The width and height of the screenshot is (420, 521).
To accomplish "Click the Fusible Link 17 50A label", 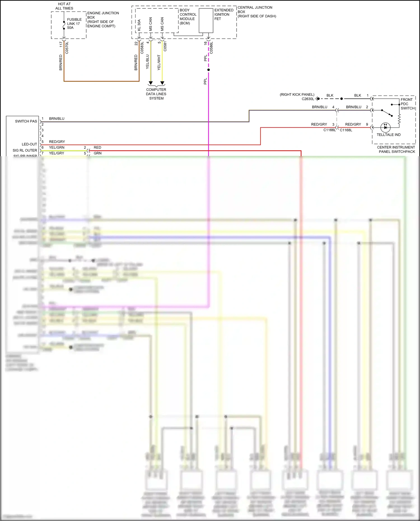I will pos(74,24).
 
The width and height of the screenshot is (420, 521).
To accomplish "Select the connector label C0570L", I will pos(67,48).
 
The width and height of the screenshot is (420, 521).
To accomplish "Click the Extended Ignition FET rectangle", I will pos(206,21).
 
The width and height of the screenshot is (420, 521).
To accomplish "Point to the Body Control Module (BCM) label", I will pos(188,17).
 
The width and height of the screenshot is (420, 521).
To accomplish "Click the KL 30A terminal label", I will pos(139,25).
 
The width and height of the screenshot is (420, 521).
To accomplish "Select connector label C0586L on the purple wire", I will pos(211,48).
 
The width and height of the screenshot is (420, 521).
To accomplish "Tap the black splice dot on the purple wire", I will pos(209,70).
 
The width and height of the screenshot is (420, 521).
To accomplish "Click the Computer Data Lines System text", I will pos(156,94).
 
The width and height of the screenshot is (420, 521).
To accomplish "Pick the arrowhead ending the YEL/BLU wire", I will pos(151,83).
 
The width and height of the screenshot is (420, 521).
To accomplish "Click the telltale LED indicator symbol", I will pos(386,128).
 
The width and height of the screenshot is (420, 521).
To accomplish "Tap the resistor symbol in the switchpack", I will pos(399,119).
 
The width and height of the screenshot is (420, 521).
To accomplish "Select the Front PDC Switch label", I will pos(407,104).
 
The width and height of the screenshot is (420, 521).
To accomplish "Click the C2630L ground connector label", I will pos(308,99).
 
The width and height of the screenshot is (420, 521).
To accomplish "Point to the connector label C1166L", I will pos(329,130).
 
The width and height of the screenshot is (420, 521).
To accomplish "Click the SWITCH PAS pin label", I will pos(26,121).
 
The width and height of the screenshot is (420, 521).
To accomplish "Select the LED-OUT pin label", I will pos(29,144).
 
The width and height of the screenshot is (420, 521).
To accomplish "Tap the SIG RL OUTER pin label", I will pos(25,150).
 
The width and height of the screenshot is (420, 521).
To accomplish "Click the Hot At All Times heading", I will pos(64,6).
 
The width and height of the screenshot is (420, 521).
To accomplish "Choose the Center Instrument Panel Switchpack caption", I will pos(396,149).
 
